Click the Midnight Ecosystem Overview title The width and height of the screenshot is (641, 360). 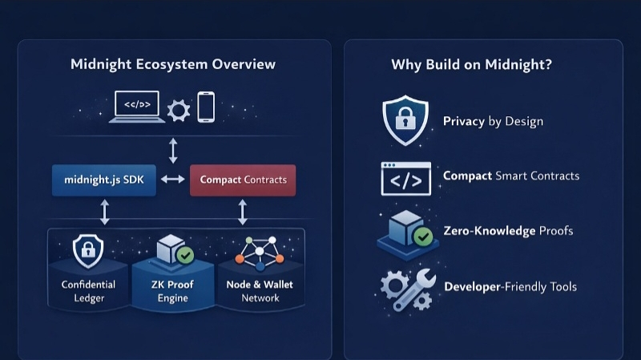(173, 64)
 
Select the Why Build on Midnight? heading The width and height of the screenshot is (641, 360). (471, 65)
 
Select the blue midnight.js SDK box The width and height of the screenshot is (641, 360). (103, 180)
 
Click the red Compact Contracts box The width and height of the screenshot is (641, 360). (243, 180)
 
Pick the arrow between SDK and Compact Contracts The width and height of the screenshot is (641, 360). (172, 180)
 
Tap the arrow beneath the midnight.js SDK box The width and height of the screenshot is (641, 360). (103, 212)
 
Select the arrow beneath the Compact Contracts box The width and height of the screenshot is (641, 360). (243, 212)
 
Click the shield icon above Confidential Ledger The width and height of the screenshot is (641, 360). (88, 251)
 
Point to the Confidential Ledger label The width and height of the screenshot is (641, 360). (88, 291)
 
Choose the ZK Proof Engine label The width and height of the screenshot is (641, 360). (173, 291)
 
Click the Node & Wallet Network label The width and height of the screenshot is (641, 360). (260, 291)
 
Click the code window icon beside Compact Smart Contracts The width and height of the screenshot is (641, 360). (405, 178)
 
